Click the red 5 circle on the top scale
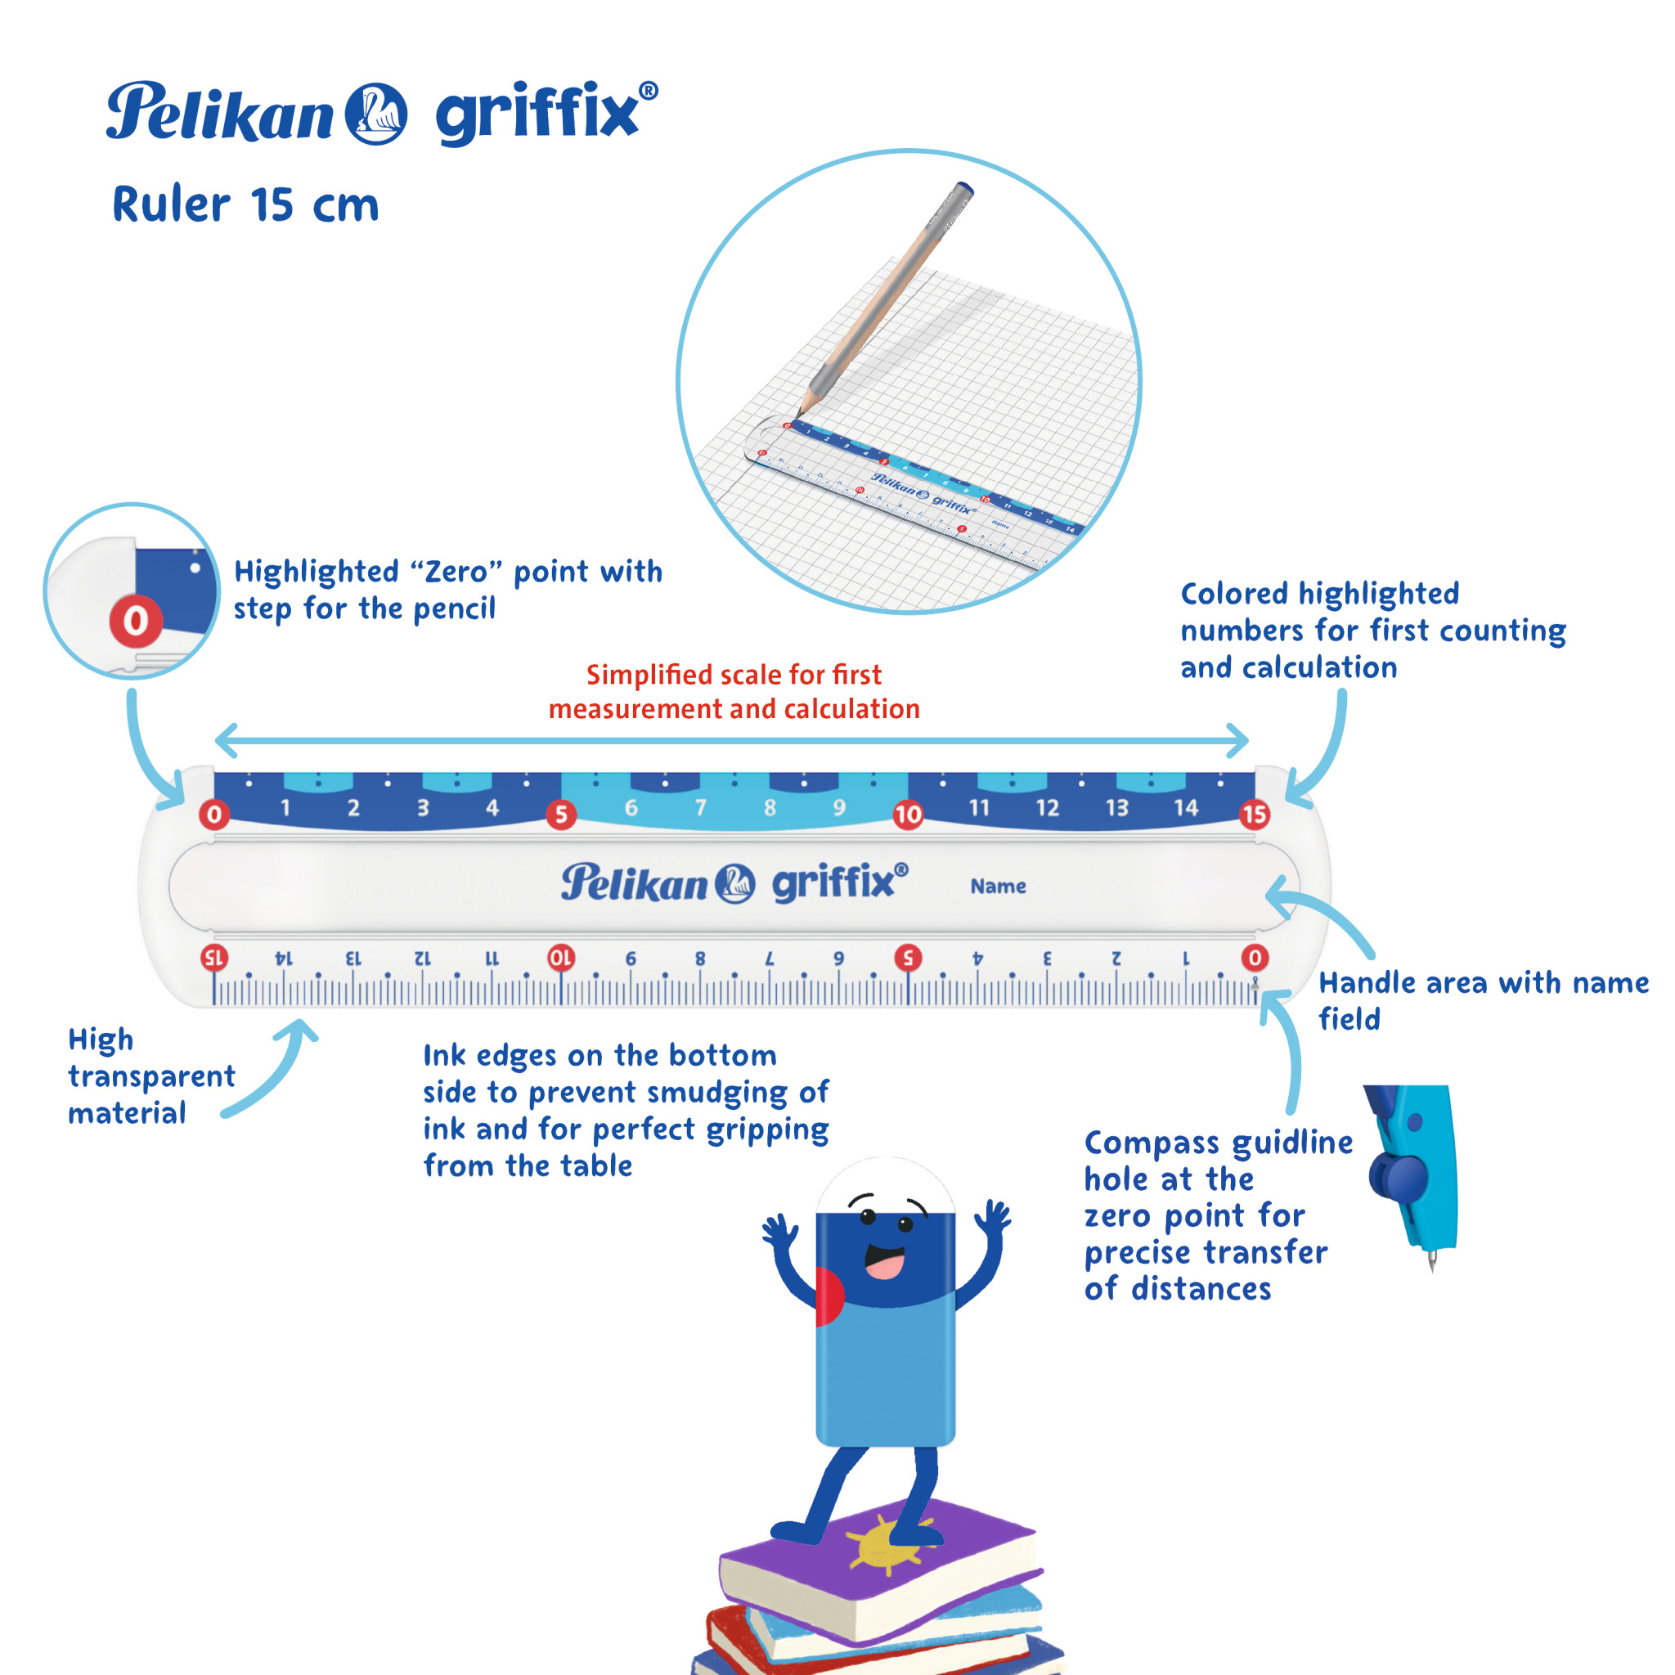tap(561, 814)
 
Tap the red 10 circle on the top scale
tap(908, 814)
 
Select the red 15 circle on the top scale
tap(1254, 814)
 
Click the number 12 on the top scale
tap(1048, 808)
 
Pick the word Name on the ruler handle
tap(998, 886)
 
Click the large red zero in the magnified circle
tap(135, 621)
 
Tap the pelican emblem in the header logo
tap(376, 114)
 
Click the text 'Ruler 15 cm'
tap(245, 205)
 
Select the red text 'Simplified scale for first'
tap(734, 675)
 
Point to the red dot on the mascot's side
tap(828, 1296)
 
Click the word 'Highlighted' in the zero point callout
tap(317, 573)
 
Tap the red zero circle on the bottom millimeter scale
tap(1254, 957)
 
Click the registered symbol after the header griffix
tap(648, 90)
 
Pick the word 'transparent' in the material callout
tap(152, 1076)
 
